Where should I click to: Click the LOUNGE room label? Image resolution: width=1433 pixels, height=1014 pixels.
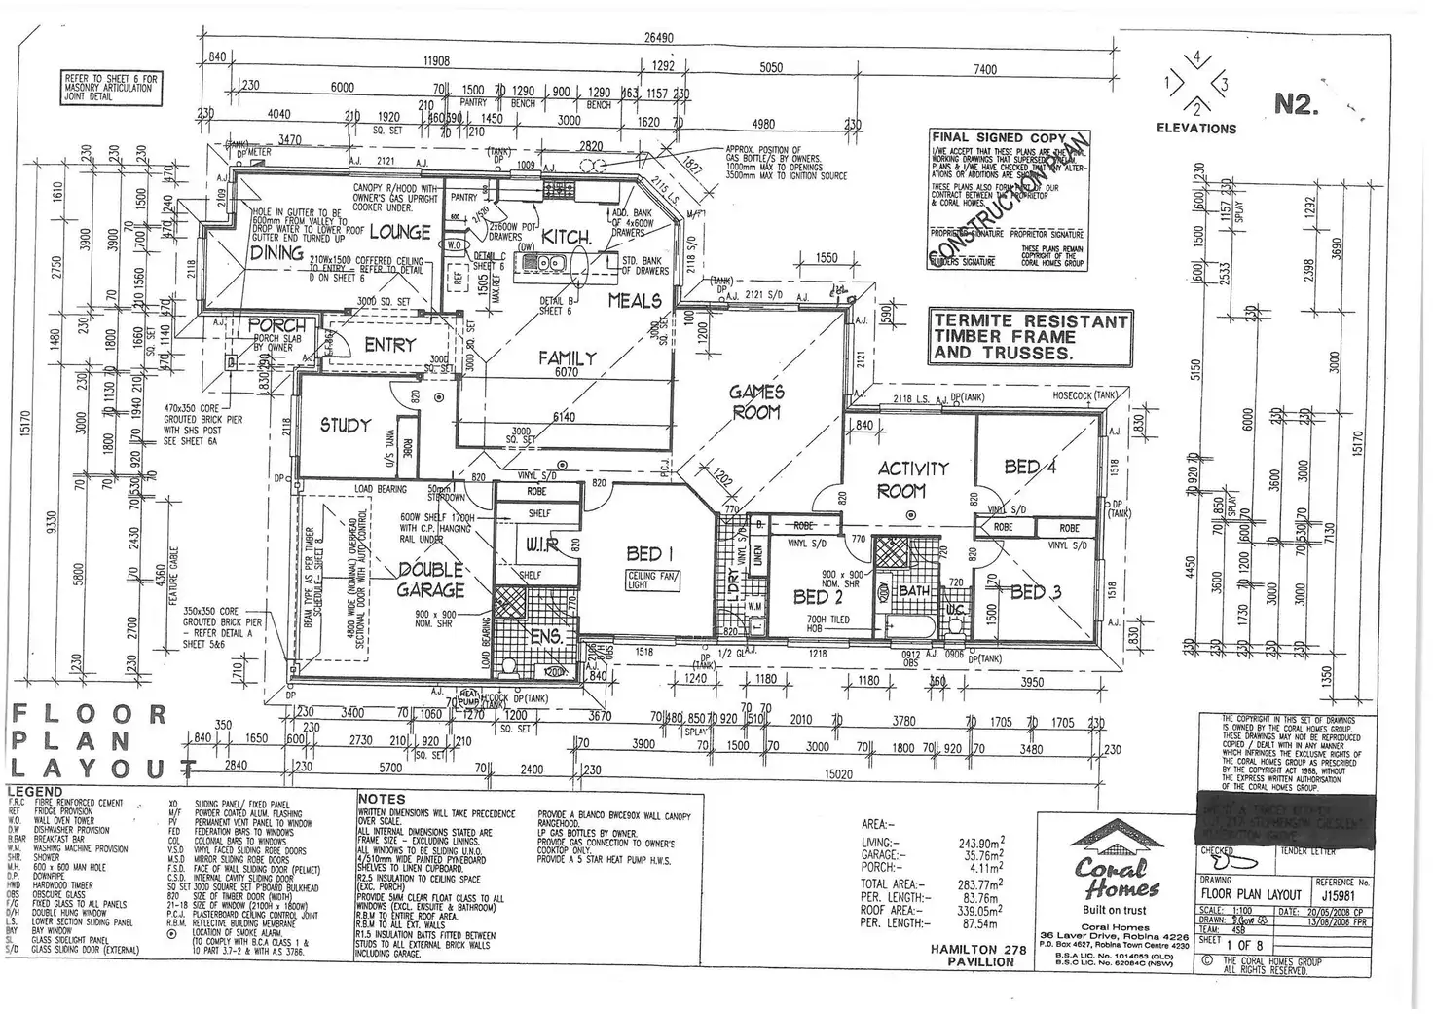[400, 232]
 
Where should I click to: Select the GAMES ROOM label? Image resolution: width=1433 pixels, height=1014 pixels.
[756, 401]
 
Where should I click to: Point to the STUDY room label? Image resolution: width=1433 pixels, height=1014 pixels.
[346, 426]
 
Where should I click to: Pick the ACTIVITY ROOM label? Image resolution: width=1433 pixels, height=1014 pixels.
[912, 478]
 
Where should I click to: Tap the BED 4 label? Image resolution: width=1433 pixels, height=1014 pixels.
[1030, 467]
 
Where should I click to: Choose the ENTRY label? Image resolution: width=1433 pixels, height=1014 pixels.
[389, 345]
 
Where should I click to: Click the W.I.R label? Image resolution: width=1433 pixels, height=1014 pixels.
[542, 546]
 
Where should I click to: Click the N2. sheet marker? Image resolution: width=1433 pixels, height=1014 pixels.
[1296, 105]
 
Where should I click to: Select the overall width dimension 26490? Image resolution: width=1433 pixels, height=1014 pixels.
[659, 39]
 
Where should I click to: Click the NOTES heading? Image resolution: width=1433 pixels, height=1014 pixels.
[382, 799]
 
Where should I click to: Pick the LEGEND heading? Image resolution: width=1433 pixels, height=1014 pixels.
[35, 791]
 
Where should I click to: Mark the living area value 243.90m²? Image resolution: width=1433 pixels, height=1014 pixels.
[977, 843]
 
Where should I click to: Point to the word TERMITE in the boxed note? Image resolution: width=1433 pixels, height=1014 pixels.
[974, 320]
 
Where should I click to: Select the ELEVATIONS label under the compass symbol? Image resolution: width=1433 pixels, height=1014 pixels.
[1196, 129]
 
